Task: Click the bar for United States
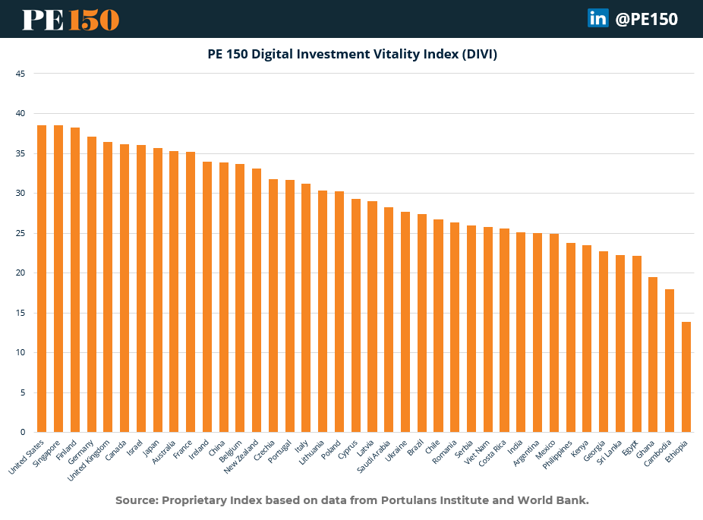point(42,279)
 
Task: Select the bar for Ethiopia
point(686,377)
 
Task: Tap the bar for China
point(224,297)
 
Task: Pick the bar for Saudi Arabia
point(389,320)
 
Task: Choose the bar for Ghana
point(653,355)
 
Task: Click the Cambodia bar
point(670,361)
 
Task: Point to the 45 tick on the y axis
point(20,74)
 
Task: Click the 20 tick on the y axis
point(20,273)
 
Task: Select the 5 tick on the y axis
point(23,392)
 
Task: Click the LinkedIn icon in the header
point(597,18)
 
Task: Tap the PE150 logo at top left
point(71,19)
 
